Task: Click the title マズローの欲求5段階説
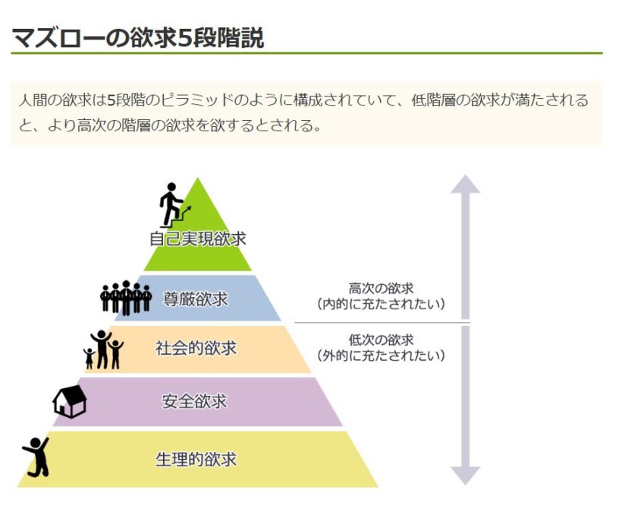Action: [x=137, y=38]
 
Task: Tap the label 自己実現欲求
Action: [x=198, y=239]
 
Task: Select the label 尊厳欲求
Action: [x=196, y=299]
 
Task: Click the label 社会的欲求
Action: [x=196, y=348]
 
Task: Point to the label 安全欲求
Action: [x=194, y=401]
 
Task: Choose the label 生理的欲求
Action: [x=196, y=460]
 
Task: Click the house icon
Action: [x=70, y=401]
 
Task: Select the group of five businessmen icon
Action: [x=126, y=298]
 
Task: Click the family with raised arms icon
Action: [x=103, y=349]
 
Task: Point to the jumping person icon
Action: [x=36, y=457]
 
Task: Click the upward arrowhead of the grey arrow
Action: [x=465, y=184]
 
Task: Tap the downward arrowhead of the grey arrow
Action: [x=465, y=476]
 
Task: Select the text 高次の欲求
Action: [x=381, y=288]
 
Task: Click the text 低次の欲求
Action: [x=381, y=340]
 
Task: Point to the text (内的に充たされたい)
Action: [x=381, y=304]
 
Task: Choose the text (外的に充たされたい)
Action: [x=381, y=356]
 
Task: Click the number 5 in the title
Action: [x=185, y=39]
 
